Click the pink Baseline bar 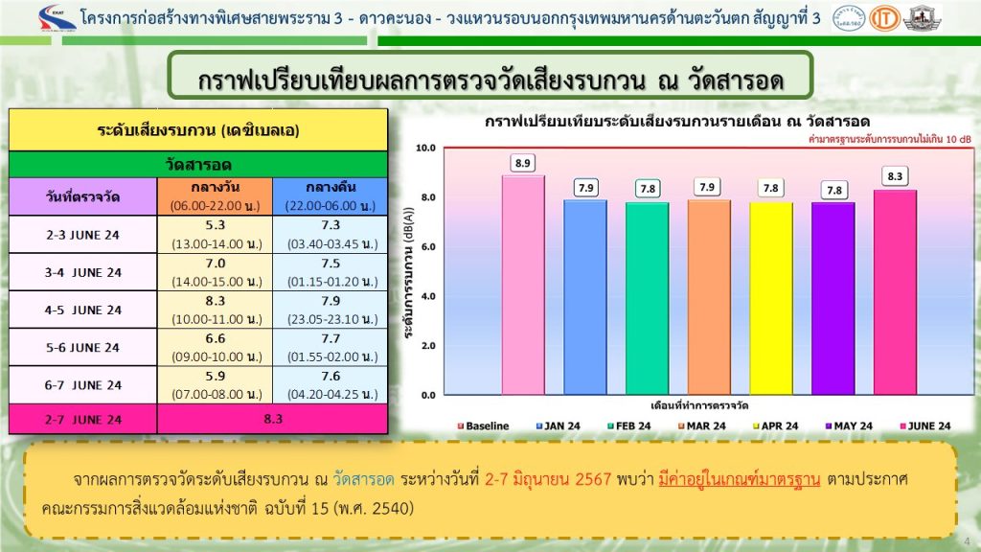[x=523, y=285]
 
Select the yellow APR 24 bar [x=771, y=298]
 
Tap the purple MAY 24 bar [x=833, y=298]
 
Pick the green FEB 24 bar [x=647, y=298]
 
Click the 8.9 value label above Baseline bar [x=522, y=163]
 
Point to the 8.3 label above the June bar [x=895, y=176]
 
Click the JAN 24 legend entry [x=559, y=426]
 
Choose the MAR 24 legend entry [x=702, y=426]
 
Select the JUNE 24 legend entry [x=924, y=426]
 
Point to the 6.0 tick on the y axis [x=428, y=246]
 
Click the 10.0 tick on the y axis [x=425, y=148]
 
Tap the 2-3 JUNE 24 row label [x=82, y=235]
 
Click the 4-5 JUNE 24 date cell [x=82, y=310]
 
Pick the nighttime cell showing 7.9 [x=331, y=310]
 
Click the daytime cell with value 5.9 [x=216, y=384]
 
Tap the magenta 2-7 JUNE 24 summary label [x=82, y=420]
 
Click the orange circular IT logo [x=884, y=19]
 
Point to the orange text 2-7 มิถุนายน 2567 [x=547, y=479]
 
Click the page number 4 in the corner [x=968, y=541]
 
